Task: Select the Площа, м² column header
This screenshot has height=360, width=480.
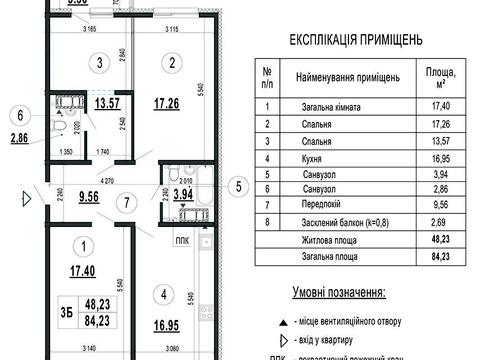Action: coord(436,76)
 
